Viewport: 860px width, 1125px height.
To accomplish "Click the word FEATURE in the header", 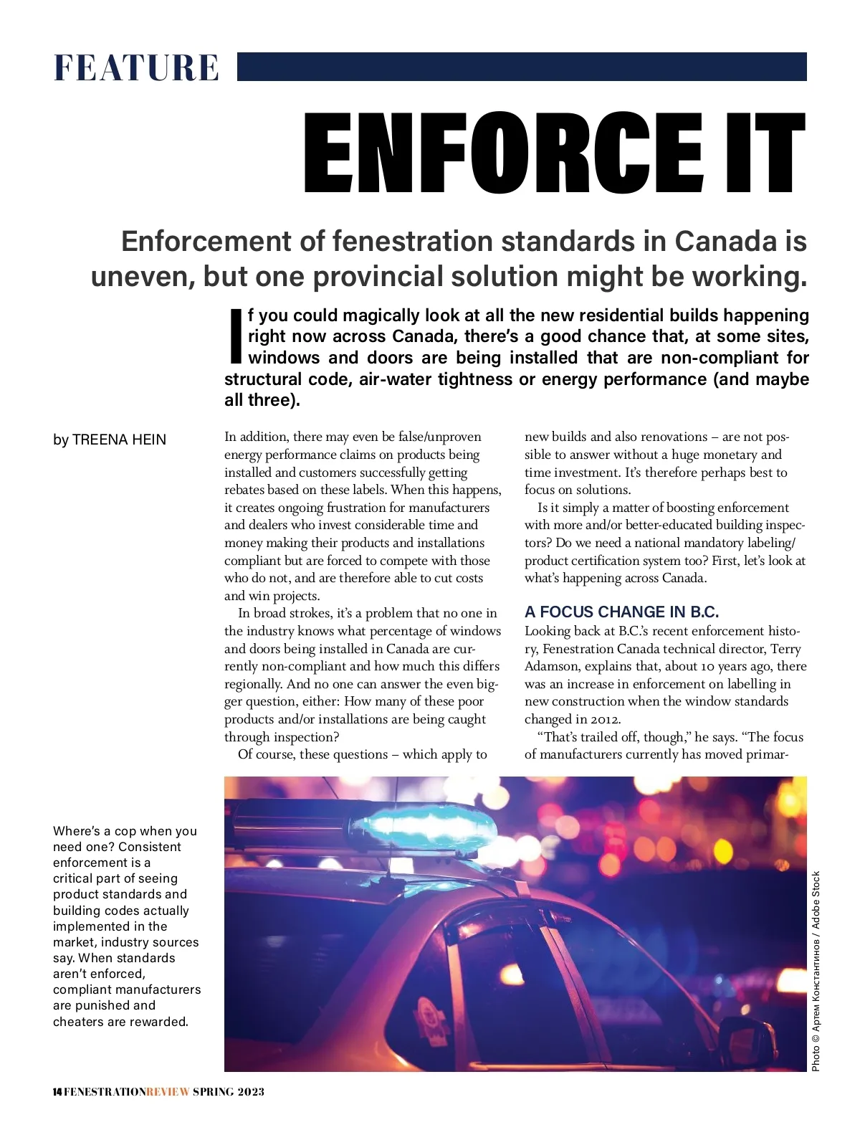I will [x=136, y=68].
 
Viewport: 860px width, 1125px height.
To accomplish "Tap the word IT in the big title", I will [x=766, y=154].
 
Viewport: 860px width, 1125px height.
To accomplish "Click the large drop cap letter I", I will [x=234, y=336].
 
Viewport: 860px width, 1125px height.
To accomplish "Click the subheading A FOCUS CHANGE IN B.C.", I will [x=621, y=612].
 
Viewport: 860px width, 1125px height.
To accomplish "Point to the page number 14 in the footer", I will [x=57, y=1092].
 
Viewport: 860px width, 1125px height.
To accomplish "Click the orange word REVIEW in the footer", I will [x=168, y=1092].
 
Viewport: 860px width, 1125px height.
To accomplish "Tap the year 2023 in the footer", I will [x=251, y=1092].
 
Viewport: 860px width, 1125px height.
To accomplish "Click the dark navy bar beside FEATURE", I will [x=521, y=67].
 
